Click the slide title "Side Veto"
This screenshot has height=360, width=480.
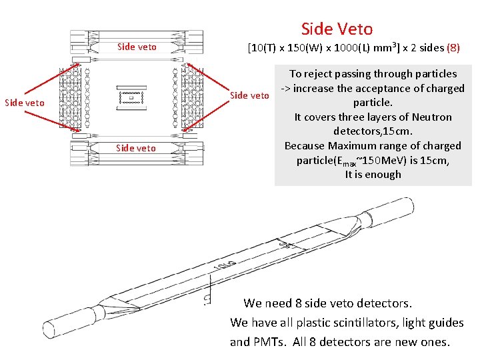pyautogui.click(x=337, y=29)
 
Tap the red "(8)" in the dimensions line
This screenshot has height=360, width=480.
pyautogui.click(x=453, y=48)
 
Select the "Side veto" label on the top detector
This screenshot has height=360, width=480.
pyautogui.click(x=137, y=47)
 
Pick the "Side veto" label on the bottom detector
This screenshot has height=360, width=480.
pyautogui.click(x=136, y=148)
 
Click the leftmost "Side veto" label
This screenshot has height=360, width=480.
pyautogui.click(x=25, y=103)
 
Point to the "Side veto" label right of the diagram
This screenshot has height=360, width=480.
pyautogui.click(x=249, y=95)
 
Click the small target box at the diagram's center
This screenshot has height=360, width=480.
pyautogui.click(x=131, y=98)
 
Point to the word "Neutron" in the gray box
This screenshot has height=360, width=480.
pyautogui.click(x=427, y=117)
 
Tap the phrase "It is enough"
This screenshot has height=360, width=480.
pyautogui.click(x=373, y=175)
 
